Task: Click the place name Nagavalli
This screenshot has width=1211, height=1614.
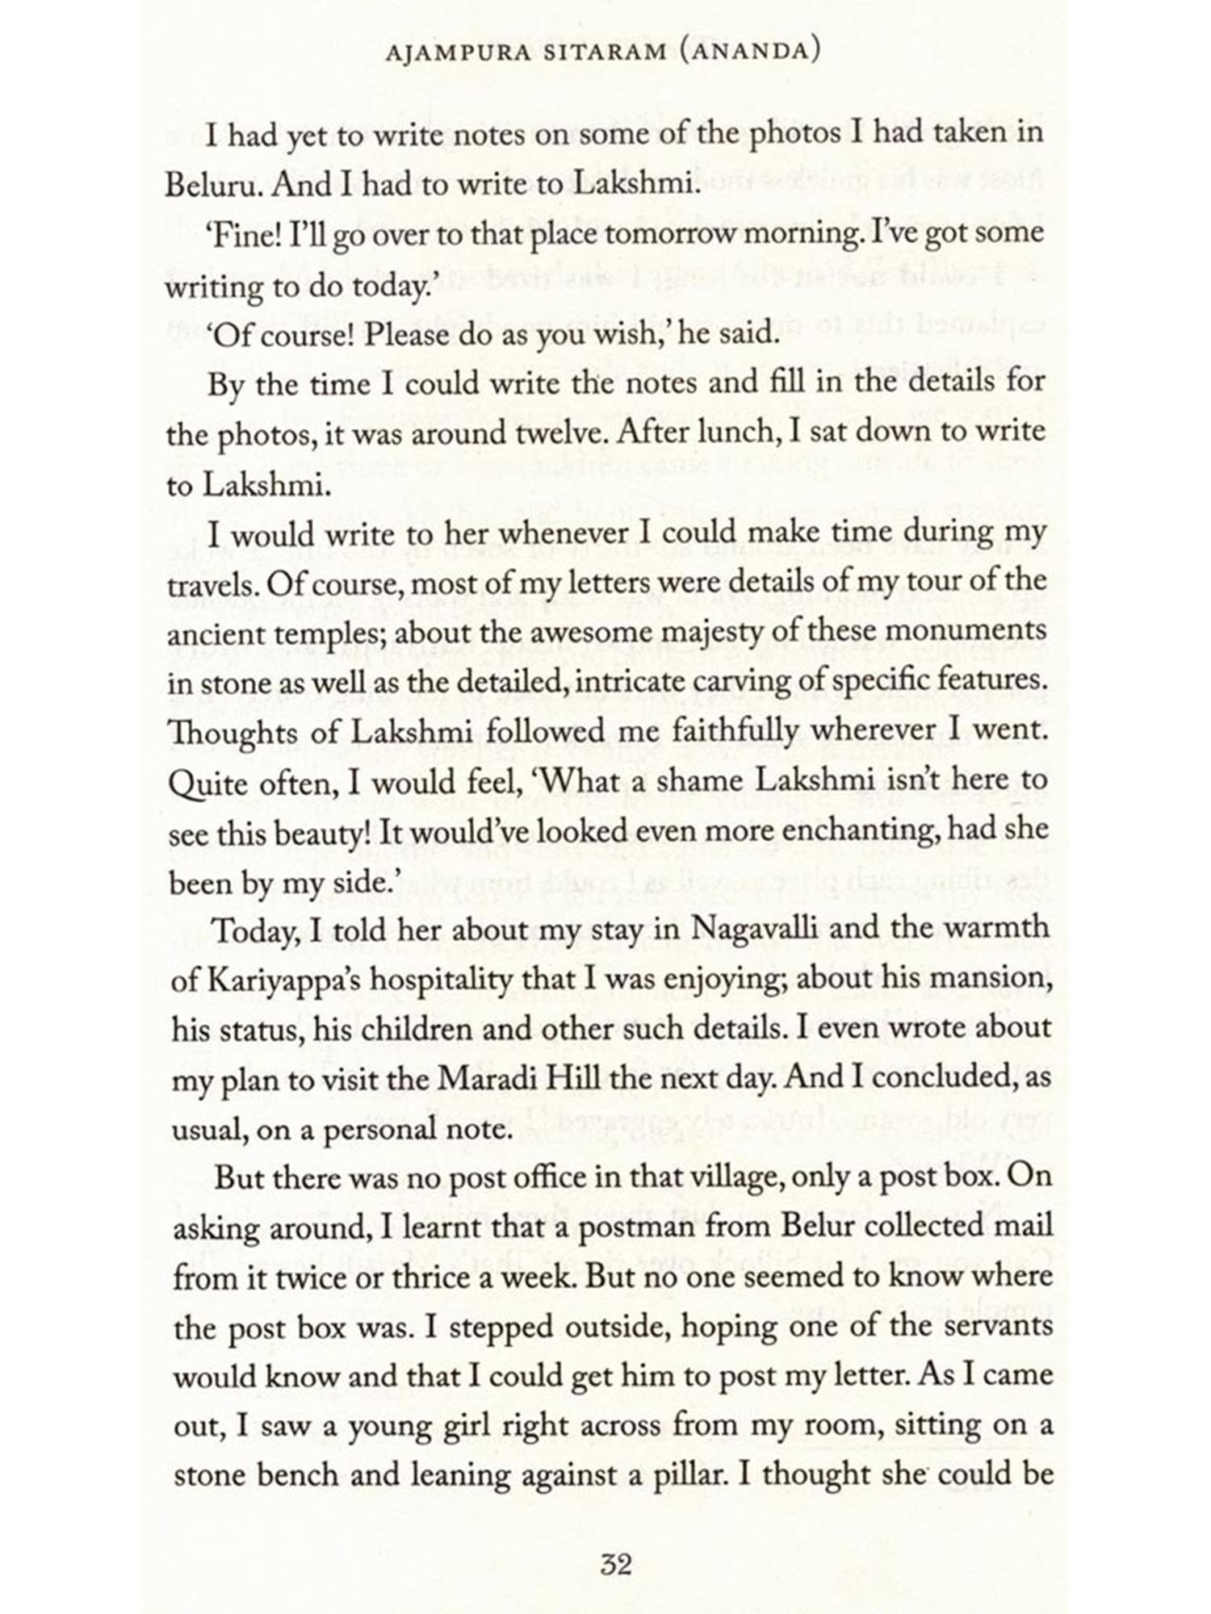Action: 755,929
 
